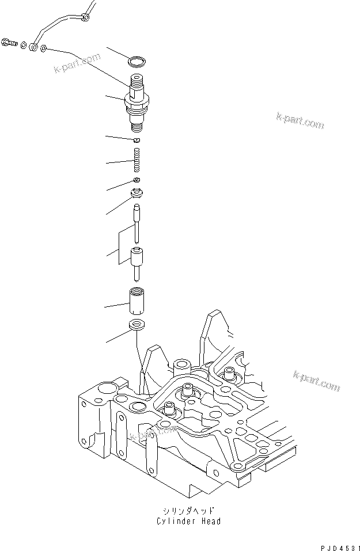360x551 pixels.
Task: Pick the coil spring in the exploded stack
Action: coord(137,159)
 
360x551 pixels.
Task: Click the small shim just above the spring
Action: coord(137,140)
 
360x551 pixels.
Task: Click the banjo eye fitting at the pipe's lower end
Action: coord(35,46)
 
